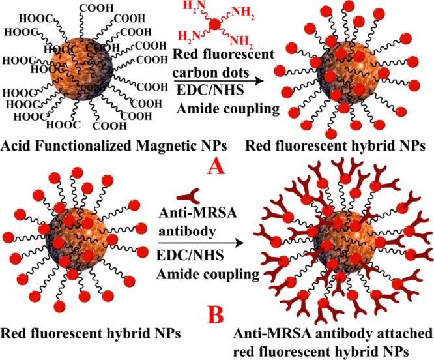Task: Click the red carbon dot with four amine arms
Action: (214, 24)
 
